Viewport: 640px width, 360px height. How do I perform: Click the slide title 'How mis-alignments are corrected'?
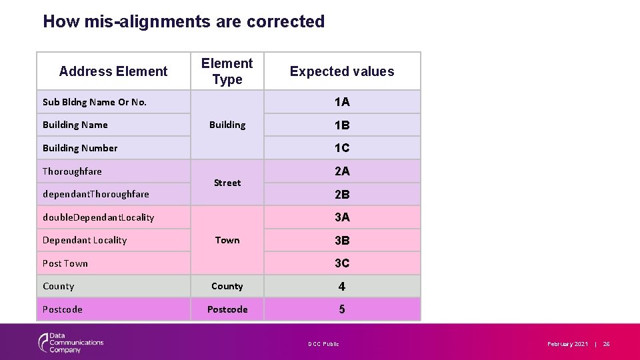pyautogui.click(x=183, y=21)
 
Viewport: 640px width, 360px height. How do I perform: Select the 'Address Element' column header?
pyautogui.click(x=113, y=71)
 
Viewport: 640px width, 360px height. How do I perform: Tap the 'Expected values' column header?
pyautogui.click(x=342, y=71)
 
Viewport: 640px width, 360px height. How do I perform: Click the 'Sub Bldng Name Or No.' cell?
pyautogui.click(x=95, y=102)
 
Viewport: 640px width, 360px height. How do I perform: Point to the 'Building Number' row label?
pyautogui.click(x=80, y=148)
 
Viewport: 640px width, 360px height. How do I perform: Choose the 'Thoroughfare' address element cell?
pyautogui.click(x=72, y=171)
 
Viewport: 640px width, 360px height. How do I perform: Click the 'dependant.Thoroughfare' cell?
pyautogui.click(x=96, y=195)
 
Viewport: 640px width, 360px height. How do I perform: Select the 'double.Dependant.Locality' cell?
pyautogui.click(x=99, y=217)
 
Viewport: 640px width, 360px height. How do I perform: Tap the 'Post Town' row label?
pyautogui.click(x=65, y=263)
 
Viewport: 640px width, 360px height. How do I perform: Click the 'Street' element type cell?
pyautogui.click(x=227, y=183)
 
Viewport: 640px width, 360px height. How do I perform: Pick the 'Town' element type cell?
pyautogui.click(x=227, y=240)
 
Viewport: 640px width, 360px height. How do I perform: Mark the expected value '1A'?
pyautogui.click(x=342, y=102)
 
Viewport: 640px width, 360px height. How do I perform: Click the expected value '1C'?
pyautogui.click(x=342, y=148)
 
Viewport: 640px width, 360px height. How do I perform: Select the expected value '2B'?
pyautogui.click(x=342, y=195)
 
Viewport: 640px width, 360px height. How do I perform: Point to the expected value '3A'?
pyautogui.click(x=342, y=217)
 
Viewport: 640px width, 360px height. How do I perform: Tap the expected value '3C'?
pyautogui.click(x=342, y=263)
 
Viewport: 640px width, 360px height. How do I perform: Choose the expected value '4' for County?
pyautogui.click(x=342, y=287)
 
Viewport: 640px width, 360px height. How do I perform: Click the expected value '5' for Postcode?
pyautogui.click(x=342, y=309)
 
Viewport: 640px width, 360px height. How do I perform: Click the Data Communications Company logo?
pyautogui.click(x=71, y=343)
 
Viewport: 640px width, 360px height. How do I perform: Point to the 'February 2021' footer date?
pyautogui.click(x=567, y=344)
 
